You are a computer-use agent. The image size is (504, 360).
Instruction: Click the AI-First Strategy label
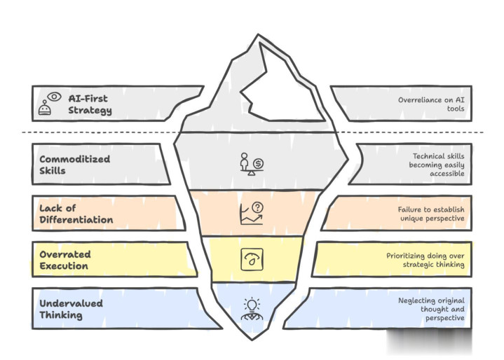pyautogui.click(x=90, y=104)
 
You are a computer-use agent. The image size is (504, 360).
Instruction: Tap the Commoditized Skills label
pyautogui.click(x=73, y=165)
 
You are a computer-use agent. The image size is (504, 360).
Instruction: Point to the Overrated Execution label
pyautogui.click(x=64, y=259)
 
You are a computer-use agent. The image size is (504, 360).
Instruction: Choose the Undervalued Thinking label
pyautogui.click(x=71, y=309)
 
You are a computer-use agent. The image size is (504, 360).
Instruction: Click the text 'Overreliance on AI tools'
pyautogui.click(x=431, y=104)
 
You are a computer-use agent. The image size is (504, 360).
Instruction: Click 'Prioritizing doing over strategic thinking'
pyautogui.click(x=425, y=260)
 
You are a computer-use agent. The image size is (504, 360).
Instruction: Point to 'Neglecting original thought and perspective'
pyautogui.click(x=430, y=309)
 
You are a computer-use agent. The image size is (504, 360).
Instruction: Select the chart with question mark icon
pyautogui.click(x=250, y=212)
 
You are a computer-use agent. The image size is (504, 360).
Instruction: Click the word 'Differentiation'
pyautogui.click(x=76, y=220)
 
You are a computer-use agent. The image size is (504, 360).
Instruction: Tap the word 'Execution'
pyautogui.click(x=64, y=266)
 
